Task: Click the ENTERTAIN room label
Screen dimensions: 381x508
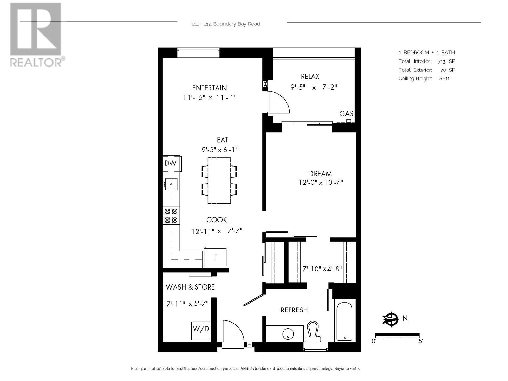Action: [x=210, y=88]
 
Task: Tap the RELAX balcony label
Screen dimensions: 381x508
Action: [x=310, y=77]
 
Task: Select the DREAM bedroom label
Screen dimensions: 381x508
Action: [x=320, y=174]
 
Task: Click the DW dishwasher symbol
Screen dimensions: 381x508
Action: [x=171, y=163]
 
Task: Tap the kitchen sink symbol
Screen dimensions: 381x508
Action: [x=171, y=184]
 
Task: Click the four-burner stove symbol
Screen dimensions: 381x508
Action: [x=171, y=216]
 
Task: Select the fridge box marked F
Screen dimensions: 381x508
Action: [x=215, y=257]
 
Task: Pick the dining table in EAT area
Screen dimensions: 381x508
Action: [x=219, y=180]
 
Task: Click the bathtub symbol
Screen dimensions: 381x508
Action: [x=344, y=321]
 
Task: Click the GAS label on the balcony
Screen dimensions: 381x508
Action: [x=346, y=114]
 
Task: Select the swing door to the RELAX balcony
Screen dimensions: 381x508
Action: [x=279, y=102]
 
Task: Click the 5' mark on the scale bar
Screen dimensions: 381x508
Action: [x=420, y=341]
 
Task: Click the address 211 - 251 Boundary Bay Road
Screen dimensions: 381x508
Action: [x=226, y=24]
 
